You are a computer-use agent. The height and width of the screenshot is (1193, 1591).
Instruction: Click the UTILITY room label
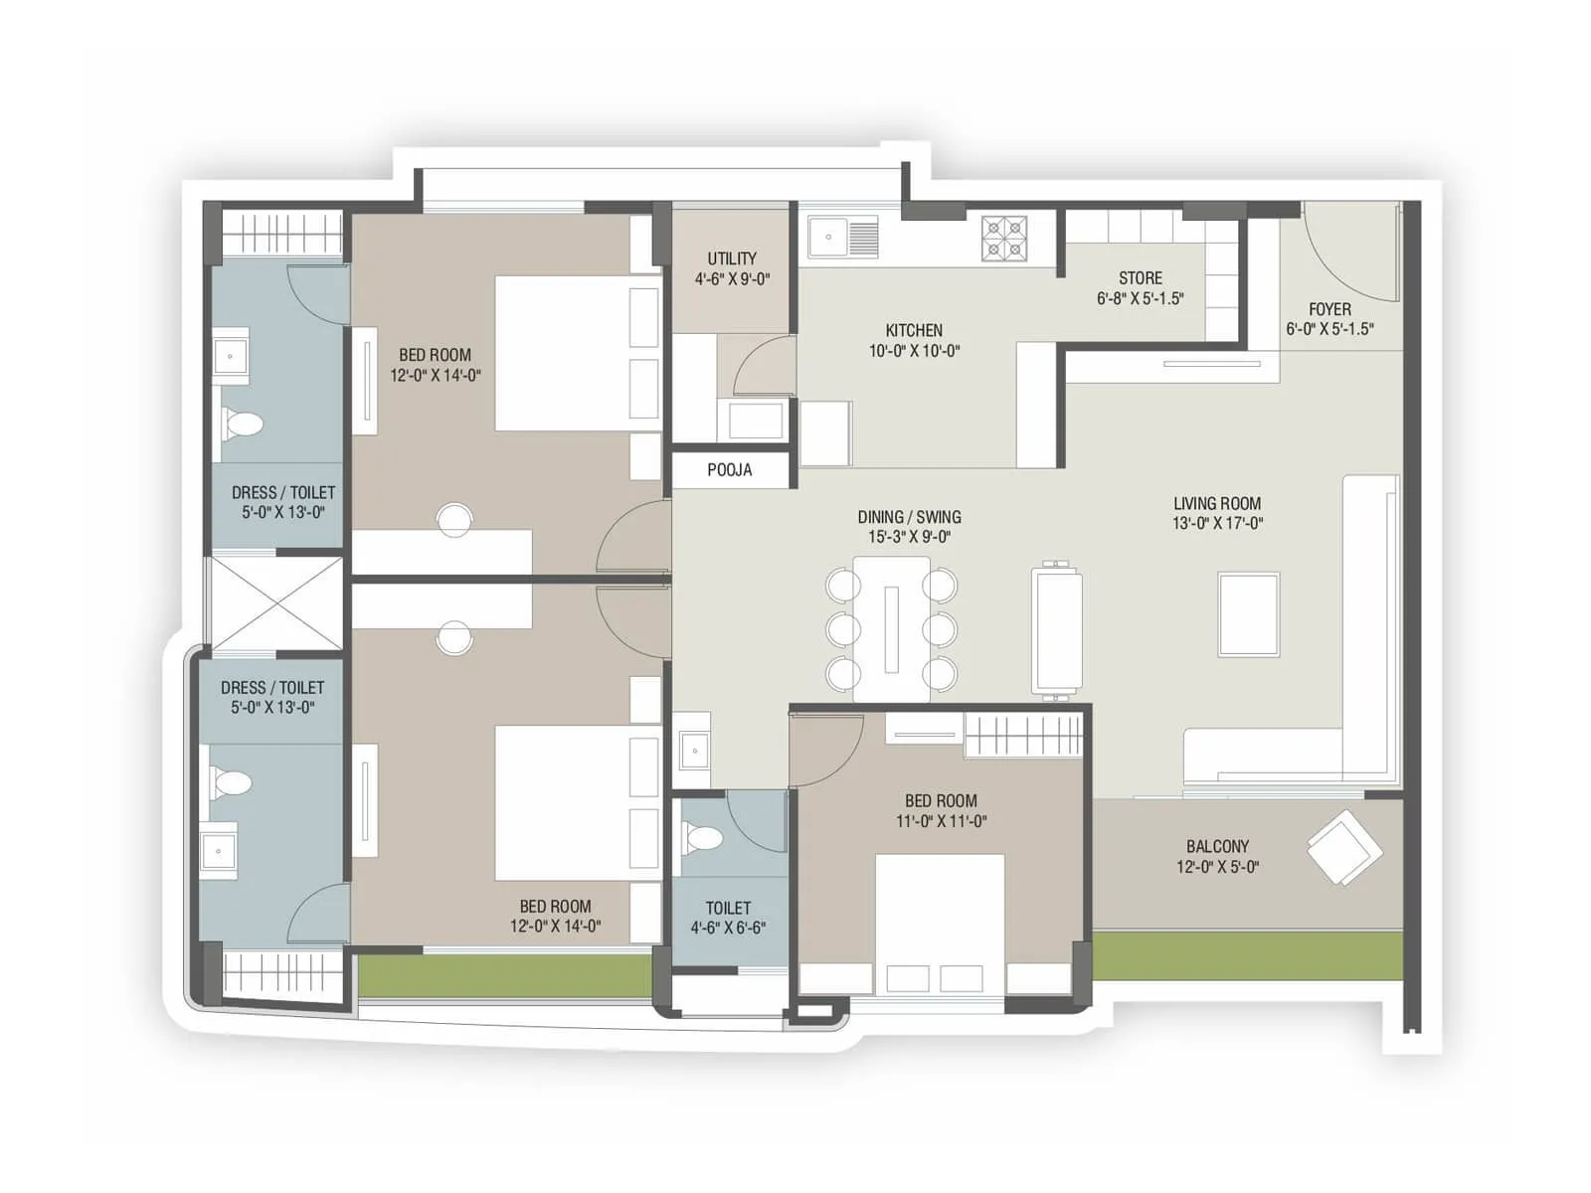732,258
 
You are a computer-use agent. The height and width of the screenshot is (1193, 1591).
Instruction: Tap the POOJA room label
730,469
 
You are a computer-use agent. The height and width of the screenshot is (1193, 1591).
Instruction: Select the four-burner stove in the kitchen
1004,239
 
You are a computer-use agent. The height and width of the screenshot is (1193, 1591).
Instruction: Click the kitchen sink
843,238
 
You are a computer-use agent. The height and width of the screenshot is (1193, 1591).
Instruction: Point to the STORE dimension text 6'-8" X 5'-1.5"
1141,298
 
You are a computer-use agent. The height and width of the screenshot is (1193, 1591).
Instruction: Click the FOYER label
1329,309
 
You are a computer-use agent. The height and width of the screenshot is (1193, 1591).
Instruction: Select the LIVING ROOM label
1217,504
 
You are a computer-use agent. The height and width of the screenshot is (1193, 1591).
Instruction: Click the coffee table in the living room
1249,613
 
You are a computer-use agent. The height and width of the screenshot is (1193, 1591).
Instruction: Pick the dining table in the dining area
891,628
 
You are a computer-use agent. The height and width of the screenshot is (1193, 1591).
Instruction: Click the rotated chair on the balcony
1343,847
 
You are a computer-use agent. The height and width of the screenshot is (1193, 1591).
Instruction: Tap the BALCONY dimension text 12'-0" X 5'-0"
1217,867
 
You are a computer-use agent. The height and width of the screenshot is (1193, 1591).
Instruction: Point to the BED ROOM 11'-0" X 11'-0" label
941,801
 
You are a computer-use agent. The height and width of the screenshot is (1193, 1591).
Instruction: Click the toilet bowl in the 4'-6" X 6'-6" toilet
703,837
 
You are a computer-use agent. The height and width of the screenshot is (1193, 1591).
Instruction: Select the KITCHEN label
914,330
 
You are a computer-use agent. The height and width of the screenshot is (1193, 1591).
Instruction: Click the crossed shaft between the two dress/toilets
275,602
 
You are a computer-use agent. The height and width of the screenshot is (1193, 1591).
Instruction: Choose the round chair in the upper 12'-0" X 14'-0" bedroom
454,519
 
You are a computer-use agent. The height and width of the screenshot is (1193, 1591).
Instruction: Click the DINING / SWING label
909,517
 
